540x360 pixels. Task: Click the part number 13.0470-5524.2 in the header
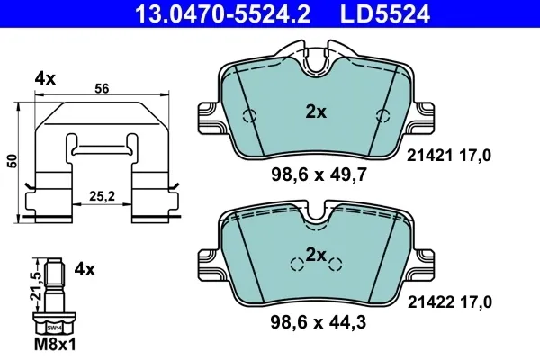click(x=222, y=13)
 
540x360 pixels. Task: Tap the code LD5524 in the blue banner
click(x=385, y=13)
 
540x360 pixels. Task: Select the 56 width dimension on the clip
click(x=102, y=88)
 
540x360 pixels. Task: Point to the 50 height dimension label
click(x=13, y=161)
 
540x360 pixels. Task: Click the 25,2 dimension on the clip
click(x=102, y=196)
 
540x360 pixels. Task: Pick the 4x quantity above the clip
click(x=45, y=79)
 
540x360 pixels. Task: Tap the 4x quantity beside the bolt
click(x=85, y=269)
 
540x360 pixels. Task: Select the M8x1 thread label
click(x=55, y=344)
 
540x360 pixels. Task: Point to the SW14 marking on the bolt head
click(x=54, y=328)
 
